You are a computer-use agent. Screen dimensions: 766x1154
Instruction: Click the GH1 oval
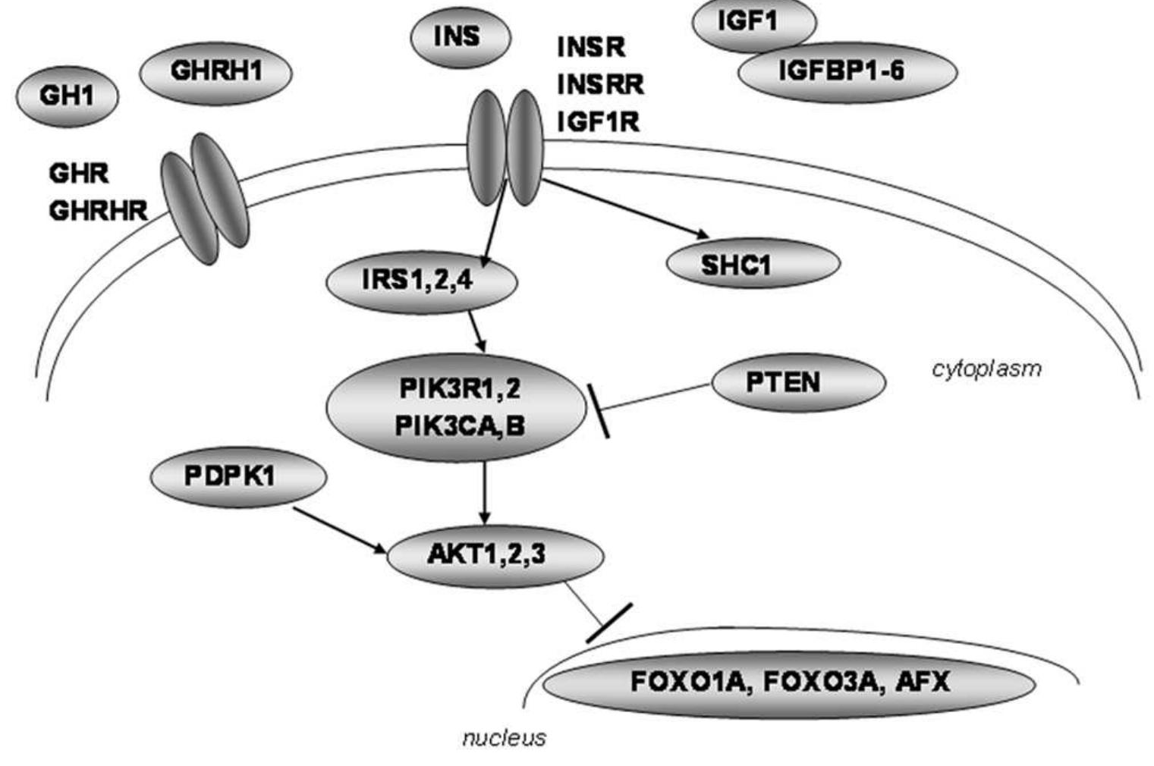(x=68, y=96)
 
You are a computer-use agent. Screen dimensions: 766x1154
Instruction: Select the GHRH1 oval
(x=215, y=72)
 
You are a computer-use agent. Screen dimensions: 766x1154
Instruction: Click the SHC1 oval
(x=753, y=264)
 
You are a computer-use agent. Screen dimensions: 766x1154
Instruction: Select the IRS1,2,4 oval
(x=422, y=281)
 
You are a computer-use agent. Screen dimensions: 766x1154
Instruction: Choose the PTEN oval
(x=798, y=382)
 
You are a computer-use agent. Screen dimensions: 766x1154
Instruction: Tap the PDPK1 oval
(x=239, y=477)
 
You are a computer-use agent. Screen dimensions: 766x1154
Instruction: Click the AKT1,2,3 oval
(x=495, y=555)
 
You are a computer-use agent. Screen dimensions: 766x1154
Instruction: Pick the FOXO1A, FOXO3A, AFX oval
(x=789, y=683)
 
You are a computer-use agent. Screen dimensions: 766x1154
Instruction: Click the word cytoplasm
(x=986, y=369)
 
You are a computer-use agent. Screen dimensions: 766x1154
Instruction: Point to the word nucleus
(x=504, y=738)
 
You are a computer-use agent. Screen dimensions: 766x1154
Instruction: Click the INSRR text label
(x=600, y=83)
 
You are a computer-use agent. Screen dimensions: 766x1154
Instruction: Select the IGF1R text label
(x=598, y=121)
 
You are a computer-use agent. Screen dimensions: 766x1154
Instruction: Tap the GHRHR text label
(x=98, y=211)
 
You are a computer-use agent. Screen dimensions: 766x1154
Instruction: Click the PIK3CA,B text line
(x=459, y=426)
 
